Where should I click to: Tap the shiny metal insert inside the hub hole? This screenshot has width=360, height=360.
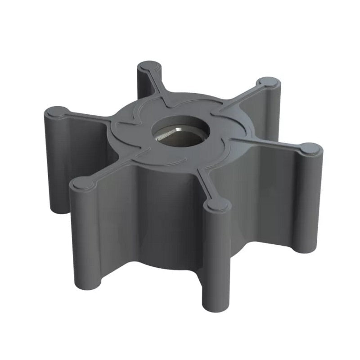[x=167, y=134]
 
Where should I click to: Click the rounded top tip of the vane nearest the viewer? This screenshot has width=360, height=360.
[x=218, y=205]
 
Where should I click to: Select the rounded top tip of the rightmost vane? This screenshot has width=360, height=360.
[x=310, y=148]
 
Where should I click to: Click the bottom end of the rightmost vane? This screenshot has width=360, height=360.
[x=310, y=245]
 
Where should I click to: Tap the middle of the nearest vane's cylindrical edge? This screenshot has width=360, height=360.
[x=216, y=256]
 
